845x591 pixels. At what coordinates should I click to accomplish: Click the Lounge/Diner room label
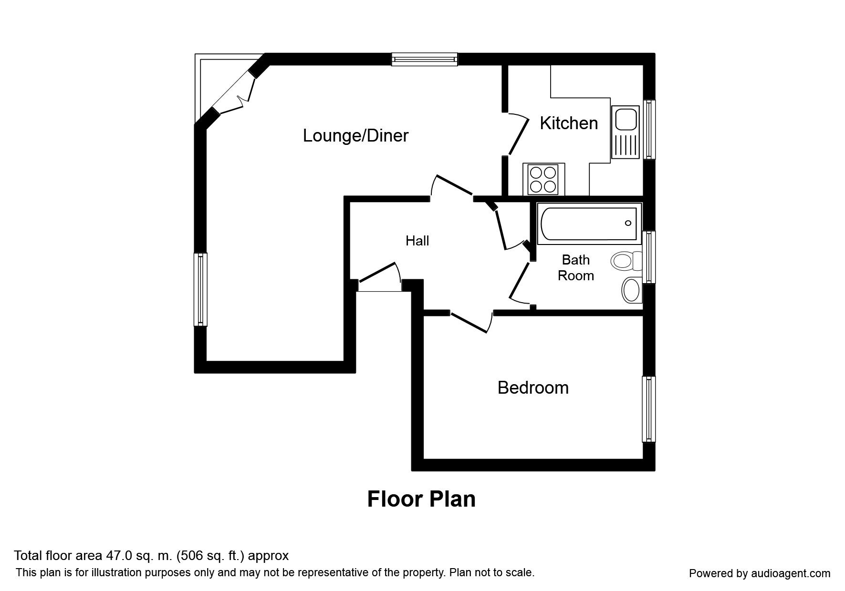(355, 136)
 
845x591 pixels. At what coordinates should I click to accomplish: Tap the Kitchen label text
(569, 123)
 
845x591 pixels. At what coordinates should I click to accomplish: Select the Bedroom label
(533, 387)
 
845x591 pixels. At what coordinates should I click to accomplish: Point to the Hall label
(417, 241)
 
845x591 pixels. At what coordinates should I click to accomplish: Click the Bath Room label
(576, 267)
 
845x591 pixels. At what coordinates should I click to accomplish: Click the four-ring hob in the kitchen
(543, 179)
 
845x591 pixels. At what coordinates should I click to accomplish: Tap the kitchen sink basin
(626, 119)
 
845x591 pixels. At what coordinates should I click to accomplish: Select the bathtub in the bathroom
(589, 223)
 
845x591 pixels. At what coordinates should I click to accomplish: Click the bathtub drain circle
(628, 223)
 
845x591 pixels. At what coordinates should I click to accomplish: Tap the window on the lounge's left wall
(200, 289)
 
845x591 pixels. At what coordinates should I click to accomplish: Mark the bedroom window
(648, 409)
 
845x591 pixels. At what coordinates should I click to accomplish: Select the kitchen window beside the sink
(649, 129)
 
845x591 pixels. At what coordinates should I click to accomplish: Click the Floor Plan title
(421, 499)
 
